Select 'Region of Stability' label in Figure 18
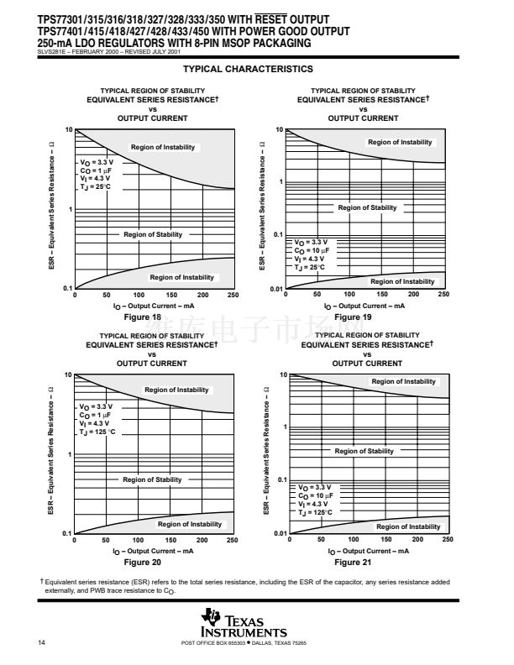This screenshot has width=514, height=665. [153, 234]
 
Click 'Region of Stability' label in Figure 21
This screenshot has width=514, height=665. [364, 451]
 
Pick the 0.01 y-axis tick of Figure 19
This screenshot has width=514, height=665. [275, 289]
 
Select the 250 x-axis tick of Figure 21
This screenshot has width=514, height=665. [447, 539]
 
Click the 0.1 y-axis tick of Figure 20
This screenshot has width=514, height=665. [66, 533]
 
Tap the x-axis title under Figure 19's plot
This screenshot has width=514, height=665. [364, 306]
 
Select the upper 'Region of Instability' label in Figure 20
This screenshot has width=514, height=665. [176, 390]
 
